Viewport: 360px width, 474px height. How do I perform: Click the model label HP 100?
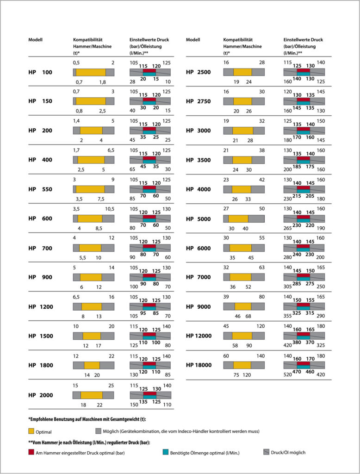tap(40, 72)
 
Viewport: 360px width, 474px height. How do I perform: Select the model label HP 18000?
tap(199, 365)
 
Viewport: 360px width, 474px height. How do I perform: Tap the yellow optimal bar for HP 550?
tap(90, 189)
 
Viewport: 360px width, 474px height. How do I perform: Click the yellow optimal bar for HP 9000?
tap(243, 306)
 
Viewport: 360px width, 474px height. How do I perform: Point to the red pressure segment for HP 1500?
tap(149, 334)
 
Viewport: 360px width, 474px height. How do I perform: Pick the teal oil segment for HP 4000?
tap(303, 191)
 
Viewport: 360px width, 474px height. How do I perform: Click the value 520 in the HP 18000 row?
tap(287, 374)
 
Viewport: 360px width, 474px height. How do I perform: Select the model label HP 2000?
tap(41, 395)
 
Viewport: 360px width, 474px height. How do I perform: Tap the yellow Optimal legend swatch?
tap(31, 431)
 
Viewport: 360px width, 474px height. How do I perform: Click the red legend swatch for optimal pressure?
tap(31, 452)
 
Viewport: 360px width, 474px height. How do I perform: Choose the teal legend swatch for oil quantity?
tap(165, 452)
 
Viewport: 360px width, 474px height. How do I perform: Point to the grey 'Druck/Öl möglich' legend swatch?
tap(266, 452)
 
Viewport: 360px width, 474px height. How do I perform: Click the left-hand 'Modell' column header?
tap(35, 40)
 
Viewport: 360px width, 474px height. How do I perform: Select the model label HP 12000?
tap(199, 336)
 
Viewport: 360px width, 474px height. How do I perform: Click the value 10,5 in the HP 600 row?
tap(109, 209)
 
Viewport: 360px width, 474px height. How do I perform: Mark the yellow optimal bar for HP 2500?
tap(242, 72)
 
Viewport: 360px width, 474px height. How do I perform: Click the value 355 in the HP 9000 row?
tap(287, 316)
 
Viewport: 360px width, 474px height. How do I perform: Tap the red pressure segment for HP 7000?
tap(303, 275)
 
